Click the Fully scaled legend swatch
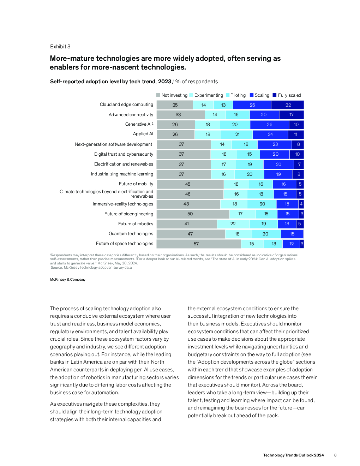point(275,95)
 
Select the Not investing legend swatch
point(158,95)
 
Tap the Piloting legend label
point(238,95)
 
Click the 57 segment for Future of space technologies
point(199,244)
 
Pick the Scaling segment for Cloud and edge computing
point(252,105)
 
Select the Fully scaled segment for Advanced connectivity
point(292,115)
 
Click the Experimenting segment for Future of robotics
point(233,224)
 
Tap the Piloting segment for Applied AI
point(237,135)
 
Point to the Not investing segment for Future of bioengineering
point(193,214)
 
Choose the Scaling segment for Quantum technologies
point(292,234)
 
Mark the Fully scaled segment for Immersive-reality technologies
point(301,204)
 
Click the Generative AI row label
point(139,124)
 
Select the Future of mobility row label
point(136,184)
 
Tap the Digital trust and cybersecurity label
point(124,154)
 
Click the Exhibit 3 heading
point(60,47)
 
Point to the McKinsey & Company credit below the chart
point(68,280)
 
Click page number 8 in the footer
point(335,455)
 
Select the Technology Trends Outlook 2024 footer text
point(294,455)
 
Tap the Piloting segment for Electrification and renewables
point(250,165)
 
